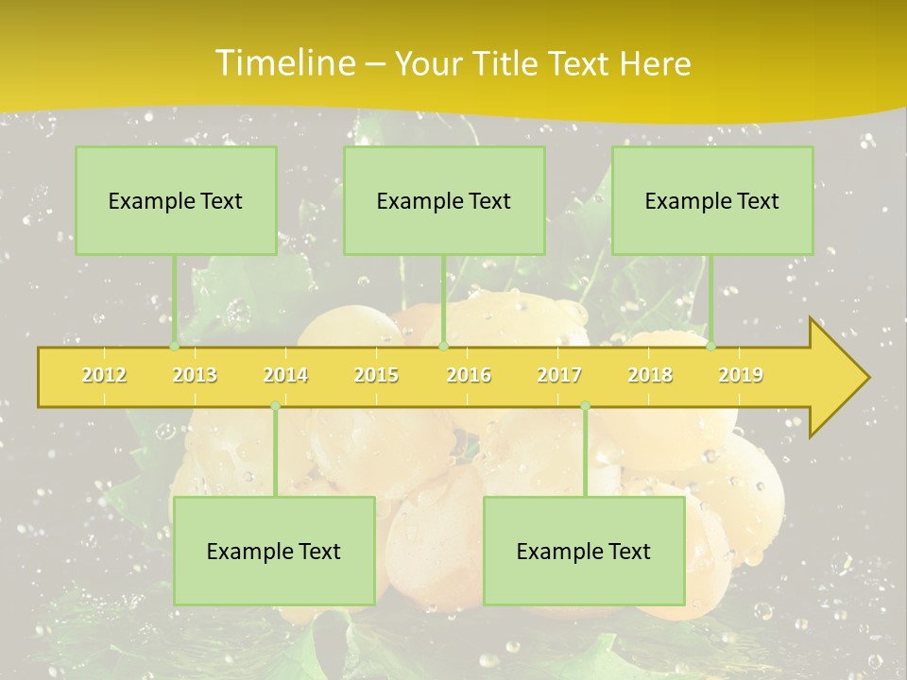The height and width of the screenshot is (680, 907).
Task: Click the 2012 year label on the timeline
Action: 104,375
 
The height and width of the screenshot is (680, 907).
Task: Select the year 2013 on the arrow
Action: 195,375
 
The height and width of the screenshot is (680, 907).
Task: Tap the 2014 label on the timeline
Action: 285,375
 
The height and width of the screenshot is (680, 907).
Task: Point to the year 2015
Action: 376,375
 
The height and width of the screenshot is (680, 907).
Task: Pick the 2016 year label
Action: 469,375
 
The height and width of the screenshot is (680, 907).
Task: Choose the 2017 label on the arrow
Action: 559,375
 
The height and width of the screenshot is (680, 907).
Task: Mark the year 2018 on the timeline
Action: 650,375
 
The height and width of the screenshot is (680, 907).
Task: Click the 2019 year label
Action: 741,375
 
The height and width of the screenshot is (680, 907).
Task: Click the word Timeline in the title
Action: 283,63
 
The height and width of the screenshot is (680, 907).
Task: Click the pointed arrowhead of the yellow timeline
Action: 846,378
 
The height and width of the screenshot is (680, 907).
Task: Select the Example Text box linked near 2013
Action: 176,200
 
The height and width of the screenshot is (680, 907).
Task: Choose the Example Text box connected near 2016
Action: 444,200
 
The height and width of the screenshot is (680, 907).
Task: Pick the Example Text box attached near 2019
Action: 712,200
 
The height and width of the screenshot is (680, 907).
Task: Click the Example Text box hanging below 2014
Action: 274,551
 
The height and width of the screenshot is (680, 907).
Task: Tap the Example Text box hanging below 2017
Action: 584,551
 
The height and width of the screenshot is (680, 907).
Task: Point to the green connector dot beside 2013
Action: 175,347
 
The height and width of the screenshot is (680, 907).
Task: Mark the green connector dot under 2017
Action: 585,406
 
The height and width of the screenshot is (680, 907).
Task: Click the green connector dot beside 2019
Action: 711,347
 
